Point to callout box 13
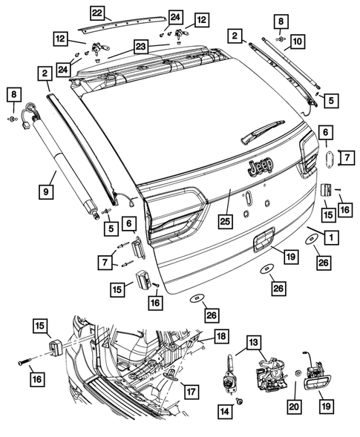coord(255,342)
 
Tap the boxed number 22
coord(97,13)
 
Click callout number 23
coord(141,46)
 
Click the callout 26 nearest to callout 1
coord(321,262)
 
